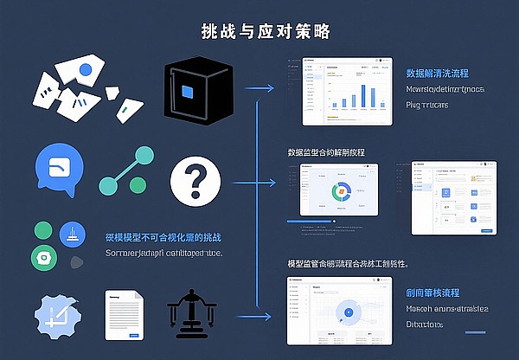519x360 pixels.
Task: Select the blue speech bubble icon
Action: [61, 170]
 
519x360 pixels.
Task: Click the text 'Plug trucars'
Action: [426, 106]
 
